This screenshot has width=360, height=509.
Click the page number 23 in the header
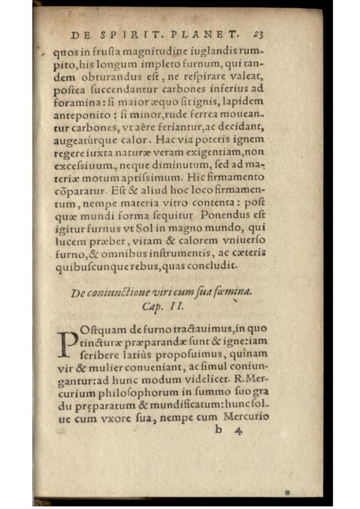tap(259, 35)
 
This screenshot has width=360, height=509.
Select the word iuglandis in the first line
tap(211, 53)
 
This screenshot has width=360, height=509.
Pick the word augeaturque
tap(84, 140)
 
